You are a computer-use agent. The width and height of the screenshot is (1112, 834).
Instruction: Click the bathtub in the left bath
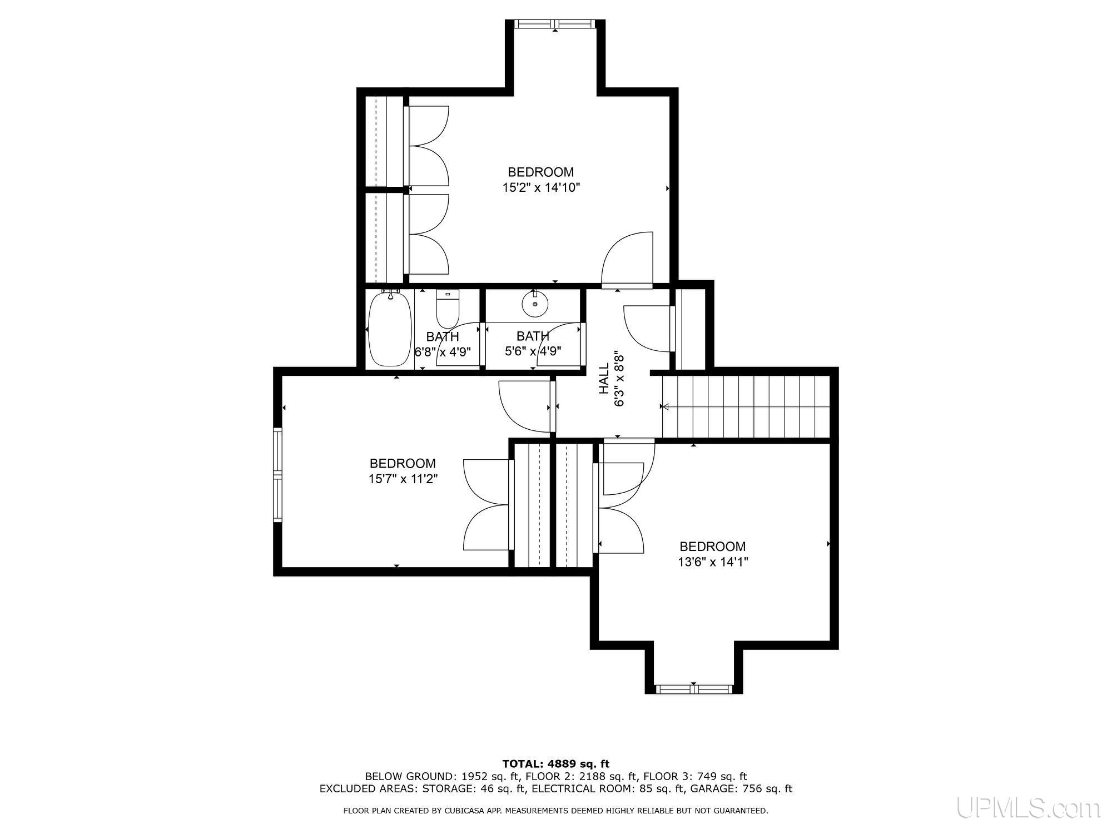[390, 329]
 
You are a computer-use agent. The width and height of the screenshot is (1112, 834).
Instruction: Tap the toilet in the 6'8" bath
[446, 310]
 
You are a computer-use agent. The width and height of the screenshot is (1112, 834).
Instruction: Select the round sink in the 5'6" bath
[535, 304]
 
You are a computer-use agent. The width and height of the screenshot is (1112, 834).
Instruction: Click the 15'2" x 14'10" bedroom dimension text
[541, 188]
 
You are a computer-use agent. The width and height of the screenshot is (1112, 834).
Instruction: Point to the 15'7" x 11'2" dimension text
[403, 479]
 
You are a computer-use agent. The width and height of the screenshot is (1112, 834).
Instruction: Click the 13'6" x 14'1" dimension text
[712, 562]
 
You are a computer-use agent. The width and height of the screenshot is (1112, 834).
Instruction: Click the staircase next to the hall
[745, 407]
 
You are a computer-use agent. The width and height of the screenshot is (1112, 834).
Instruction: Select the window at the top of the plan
[555, 23]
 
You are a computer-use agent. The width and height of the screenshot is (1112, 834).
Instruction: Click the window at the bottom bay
[693, 689]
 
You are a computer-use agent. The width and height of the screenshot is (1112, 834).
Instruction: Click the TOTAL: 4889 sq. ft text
[555, 763]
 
